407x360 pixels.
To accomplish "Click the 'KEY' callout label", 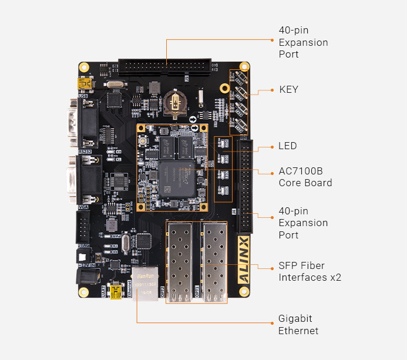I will point(288,89).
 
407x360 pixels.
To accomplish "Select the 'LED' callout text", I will point(288,146).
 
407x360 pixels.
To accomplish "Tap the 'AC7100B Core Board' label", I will point(305,177).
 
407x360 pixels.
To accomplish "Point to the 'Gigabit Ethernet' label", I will point(298,325).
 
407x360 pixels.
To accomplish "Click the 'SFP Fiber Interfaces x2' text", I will point(310,271).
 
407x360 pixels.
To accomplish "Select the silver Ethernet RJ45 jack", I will point(144,284).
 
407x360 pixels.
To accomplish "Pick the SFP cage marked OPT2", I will point(180,261).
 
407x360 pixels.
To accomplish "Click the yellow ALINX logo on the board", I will point(243,259).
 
